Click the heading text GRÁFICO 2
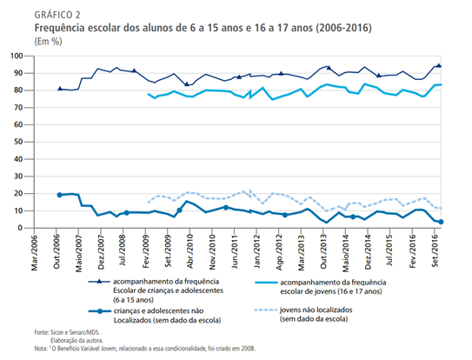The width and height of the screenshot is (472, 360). [57, 15]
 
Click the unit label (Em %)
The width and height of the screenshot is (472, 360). [48, 41]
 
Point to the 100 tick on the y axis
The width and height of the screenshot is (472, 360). [17, 56]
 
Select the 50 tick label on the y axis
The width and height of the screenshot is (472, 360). [18, 142]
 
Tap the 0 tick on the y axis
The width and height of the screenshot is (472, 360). [20, 228]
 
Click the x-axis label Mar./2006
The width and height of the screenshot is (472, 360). [34, 253]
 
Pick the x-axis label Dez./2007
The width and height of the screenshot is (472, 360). [101, 252]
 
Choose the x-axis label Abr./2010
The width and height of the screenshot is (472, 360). [190, 252]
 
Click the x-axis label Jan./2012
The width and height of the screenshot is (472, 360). [257, 252]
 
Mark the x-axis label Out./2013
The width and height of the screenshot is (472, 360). [324, 252]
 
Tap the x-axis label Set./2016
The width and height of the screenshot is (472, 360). [435, 251]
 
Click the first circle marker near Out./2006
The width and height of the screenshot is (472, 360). [60, 195]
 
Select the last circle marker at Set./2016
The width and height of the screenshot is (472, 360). [441, 222]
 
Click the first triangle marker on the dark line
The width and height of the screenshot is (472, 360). [60, 89]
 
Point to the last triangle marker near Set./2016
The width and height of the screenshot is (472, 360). [439, 65]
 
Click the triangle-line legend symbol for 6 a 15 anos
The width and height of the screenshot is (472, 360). [99, 282]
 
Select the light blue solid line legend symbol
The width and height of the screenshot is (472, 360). [266, 283]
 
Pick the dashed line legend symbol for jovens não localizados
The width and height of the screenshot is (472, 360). [266, 310]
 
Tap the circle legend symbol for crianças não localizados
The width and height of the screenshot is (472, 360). [100, 311]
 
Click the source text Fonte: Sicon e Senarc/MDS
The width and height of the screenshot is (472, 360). [67, 332]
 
